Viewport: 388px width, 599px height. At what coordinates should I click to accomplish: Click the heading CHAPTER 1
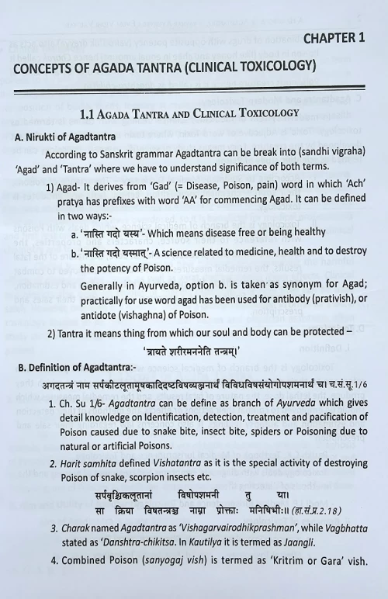pos(334,36)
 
